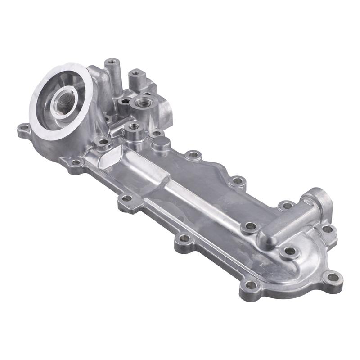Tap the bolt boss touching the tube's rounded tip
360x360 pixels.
pyautogui.click(x=248, y=226)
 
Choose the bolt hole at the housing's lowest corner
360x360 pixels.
pyautogui.click(x=250, y=284)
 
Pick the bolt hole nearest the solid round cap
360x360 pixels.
pyautogui.click(x=193, y=155)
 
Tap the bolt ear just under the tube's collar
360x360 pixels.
pyautogui.click(x=328, y=229)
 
